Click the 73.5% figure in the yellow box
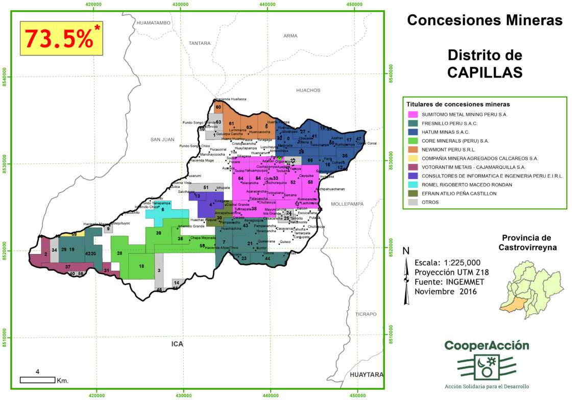pos(58,38)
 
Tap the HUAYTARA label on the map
pos(366,374)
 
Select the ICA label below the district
pos(177,344)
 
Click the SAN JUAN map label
pos(162,139)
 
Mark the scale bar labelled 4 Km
pos(37,379)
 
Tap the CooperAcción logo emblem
pos(484,368)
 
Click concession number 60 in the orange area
pos(218,107)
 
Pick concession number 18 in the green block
pos(141,266)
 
